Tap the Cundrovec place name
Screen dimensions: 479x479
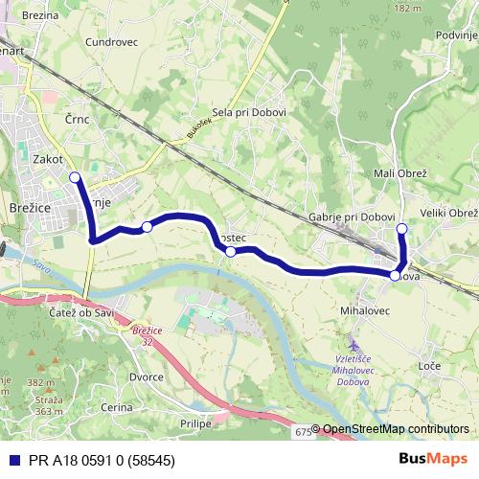point(111,42)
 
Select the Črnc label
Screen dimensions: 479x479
point(78,119)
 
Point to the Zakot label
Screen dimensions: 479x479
point(48,159)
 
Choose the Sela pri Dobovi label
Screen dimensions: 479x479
point(249,112)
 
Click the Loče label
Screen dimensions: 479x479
point(429,367)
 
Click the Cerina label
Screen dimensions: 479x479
point(117,407)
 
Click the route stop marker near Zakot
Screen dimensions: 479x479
point(75,177)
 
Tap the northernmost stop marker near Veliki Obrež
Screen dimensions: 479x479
point(402,228)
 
